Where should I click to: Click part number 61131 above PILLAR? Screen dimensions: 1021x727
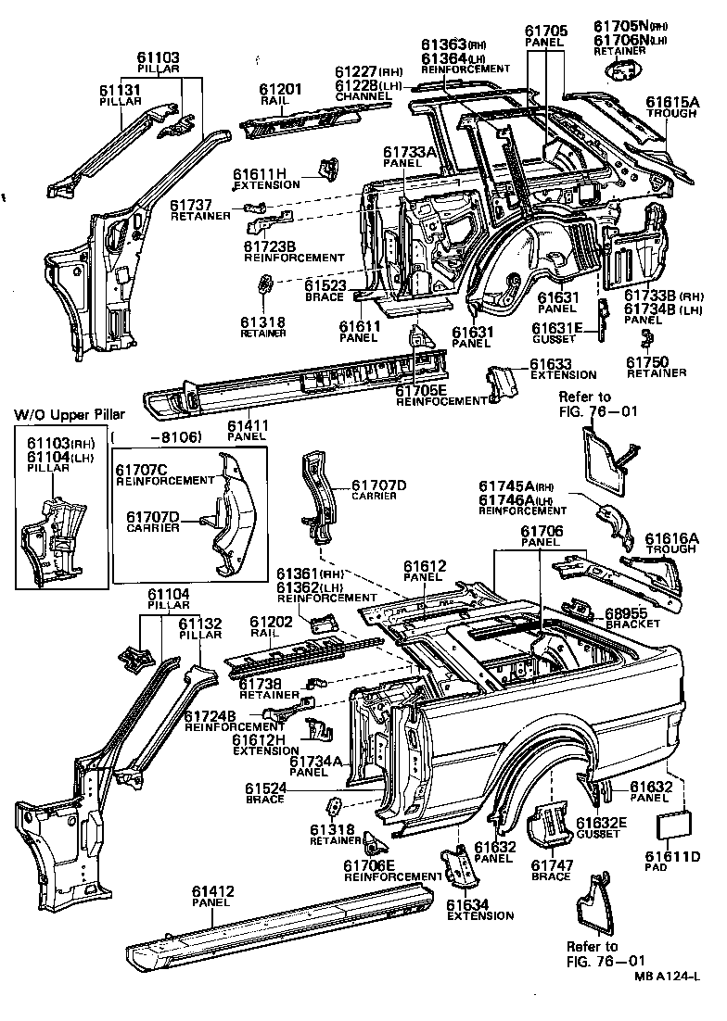click(x=121, y=90)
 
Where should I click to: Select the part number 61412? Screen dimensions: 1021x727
click(x=213, y=891)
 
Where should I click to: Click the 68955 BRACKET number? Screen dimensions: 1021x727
click(x=626, y=613)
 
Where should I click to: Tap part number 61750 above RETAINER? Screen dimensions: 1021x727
click(x=649, y=362)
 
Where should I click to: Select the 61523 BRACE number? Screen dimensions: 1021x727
click(x=325, y=286)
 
